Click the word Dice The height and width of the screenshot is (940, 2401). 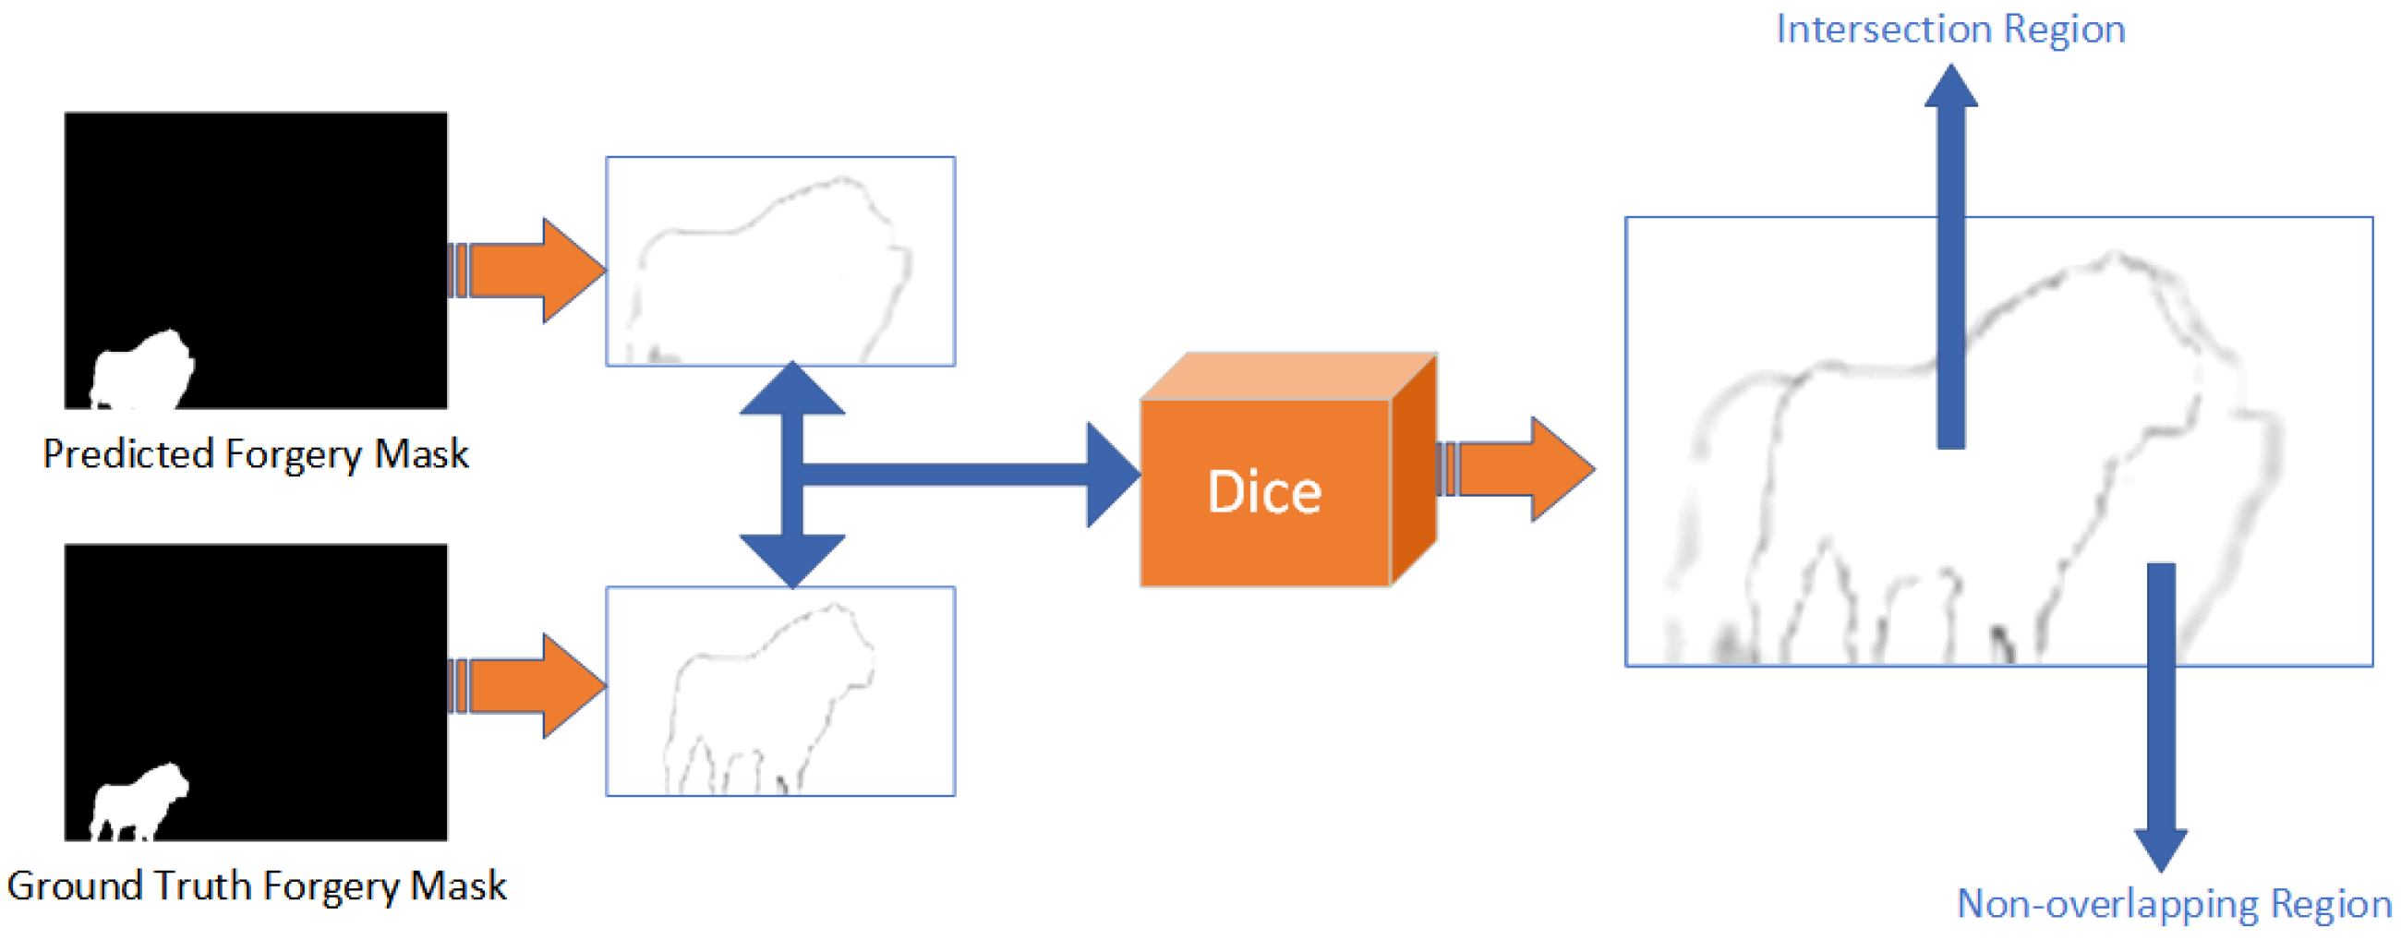point(1264,492)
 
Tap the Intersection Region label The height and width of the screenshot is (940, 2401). point(1949,30)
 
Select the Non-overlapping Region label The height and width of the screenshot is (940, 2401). point(2174,903)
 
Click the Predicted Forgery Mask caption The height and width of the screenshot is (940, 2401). point(256,453)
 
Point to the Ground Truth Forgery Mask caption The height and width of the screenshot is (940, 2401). point(257,885)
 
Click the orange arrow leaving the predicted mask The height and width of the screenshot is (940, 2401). point(531,271)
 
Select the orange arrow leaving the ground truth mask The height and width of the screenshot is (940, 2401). point(531,686)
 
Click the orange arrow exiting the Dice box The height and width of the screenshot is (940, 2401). point(1519,468)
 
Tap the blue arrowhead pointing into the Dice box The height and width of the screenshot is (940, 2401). point(1111,475)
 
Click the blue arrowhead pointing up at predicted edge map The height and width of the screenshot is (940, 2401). point(792,390)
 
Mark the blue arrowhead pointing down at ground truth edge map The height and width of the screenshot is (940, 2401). point(792,560)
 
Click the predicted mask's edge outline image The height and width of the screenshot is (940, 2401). point(780,260)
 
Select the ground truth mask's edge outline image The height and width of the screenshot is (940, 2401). point(780,692)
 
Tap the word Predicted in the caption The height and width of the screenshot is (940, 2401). point(128,453)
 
